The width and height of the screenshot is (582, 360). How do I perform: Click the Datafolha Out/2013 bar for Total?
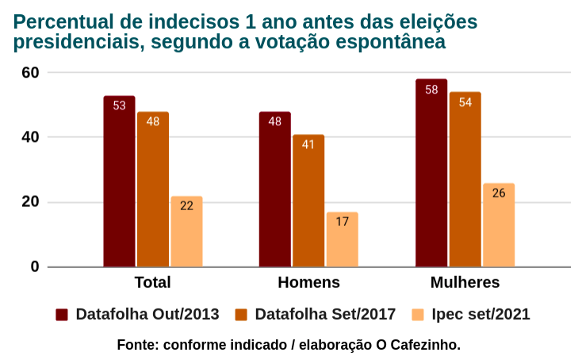pyautogui.click(x=119, y=182)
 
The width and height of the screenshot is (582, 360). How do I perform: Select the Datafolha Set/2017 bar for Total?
pyautogui.click(x=152, y=190)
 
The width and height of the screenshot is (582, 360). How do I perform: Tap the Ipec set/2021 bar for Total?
pyautogui.click(x=186, y=232)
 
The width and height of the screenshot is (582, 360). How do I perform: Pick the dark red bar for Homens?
pyautogui.click(x=274, y=190)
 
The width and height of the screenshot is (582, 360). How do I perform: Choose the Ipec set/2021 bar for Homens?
pyautogui.click(x=342, y=239)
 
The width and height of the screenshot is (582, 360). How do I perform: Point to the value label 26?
pyautogui.click(x=499, y=193)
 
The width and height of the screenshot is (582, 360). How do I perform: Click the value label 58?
pyautogui.click(x=431, y=90)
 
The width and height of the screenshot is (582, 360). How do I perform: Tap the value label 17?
pyautogui.click(x=342, y=222)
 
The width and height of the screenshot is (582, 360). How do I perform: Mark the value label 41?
pyautogui.click(x=308, y=144)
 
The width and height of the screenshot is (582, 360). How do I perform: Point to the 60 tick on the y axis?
pyautogui.click(x=30, y=72)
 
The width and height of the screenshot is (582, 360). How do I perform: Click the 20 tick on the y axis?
pyautogui.click(x=30, y=201)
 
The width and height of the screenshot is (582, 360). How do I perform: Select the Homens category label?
pyautogui.click(x=308, y=282)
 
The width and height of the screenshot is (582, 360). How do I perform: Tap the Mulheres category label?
pyautogui.click(x=465, y=282)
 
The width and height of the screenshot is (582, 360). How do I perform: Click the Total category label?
pyautogui.click(x=152, y=282)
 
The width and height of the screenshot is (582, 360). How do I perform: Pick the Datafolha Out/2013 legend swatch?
pyautogui.click(x=62, y=315)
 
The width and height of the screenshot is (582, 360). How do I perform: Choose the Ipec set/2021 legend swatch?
pyautogui.click(x=417, y=315)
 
